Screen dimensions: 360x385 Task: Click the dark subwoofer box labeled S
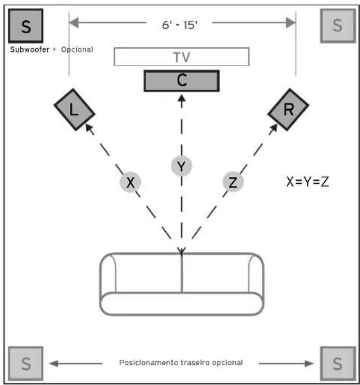pyautogui.click(x=26, y=26)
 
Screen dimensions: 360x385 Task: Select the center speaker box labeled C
pyautogui.click(x=182, y=81)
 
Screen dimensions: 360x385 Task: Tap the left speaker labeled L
pyautogui.click(x=74, y=109)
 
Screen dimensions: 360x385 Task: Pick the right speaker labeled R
pyautogui.click(x=288, y=109)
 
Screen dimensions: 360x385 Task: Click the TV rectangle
pyautogui.click(x=182, y=57)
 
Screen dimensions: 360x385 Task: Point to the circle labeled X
pyautogui.click(x=130, y=182)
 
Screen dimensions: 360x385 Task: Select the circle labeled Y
pyautogui.click(x=181, y=166)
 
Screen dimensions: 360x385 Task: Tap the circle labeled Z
pyautogui.click(x=233, y=182)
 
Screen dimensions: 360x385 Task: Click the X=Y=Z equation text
pyautogui.click(x=307, y=182)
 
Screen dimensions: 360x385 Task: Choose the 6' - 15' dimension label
pyautogui.click(x=180, y=25)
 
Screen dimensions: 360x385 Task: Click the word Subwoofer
pyautogui.click(x=30, y=50)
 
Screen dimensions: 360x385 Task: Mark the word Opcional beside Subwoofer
pyautogui.click(x=77, y=50)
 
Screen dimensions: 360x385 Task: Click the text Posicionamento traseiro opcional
pyautogui.click(x=181, y=363)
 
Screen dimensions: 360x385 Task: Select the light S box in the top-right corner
pyautogui.click(x=338, y=26)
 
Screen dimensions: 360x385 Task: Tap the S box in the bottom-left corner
pyautogui.click(x=26, y=363)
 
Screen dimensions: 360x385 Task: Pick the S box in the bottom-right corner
pyautogui.click(x=338, y=363)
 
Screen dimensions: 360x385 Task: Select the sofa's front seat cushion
pyautogui.click(x=182, y=304)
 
